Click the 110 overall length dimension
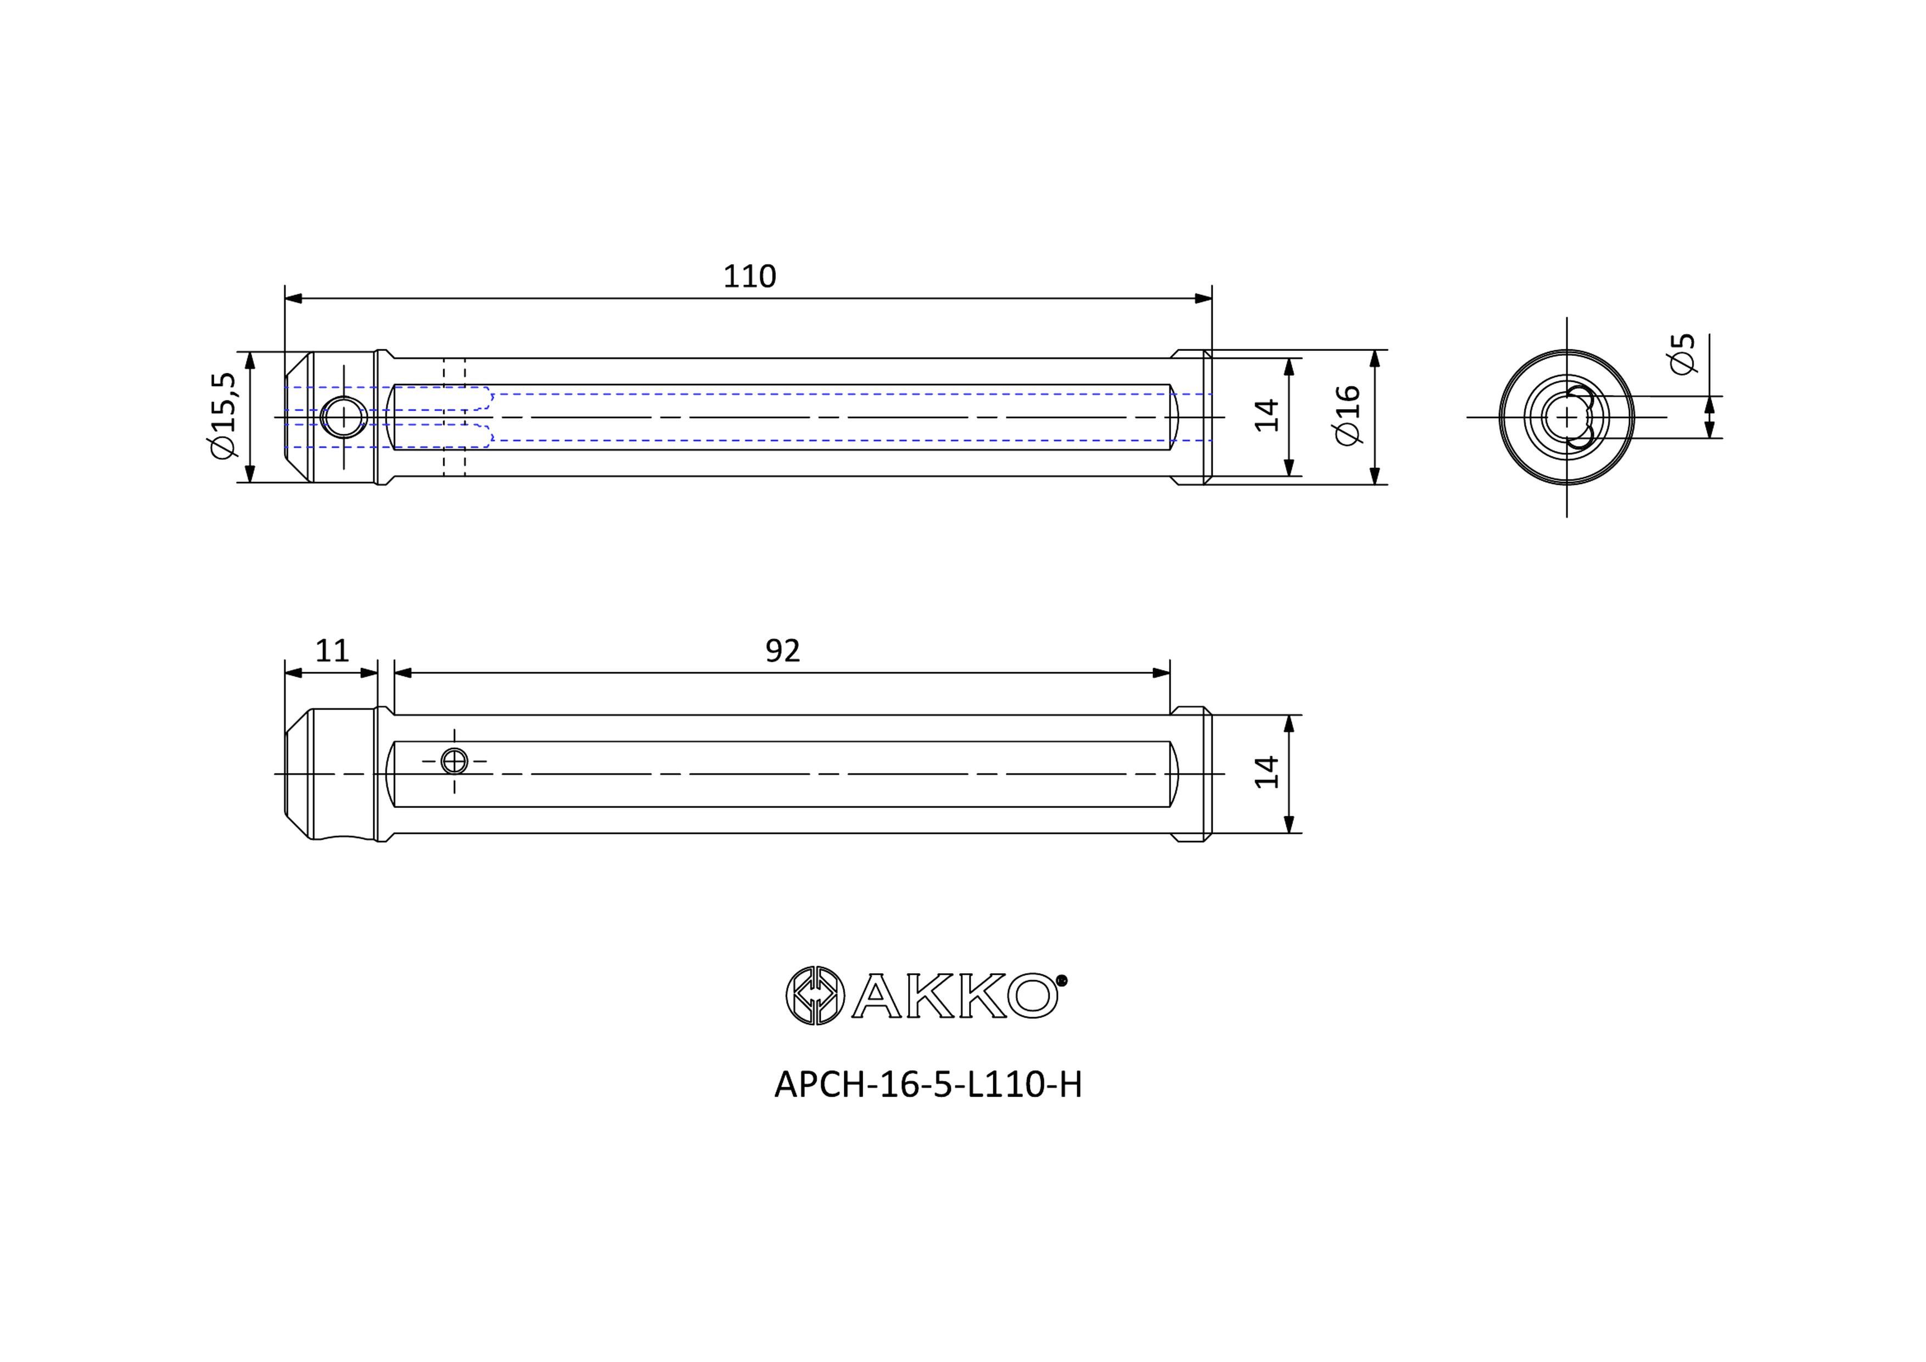pyautogui.click(x=749, y=276)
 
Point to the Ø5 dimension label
pyautogui.click(x=1683, y=353)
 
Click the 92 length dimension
pyautogui.click(x=783, y=650)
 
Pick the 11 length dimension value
pyautogui.click(x=332, y=650)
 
